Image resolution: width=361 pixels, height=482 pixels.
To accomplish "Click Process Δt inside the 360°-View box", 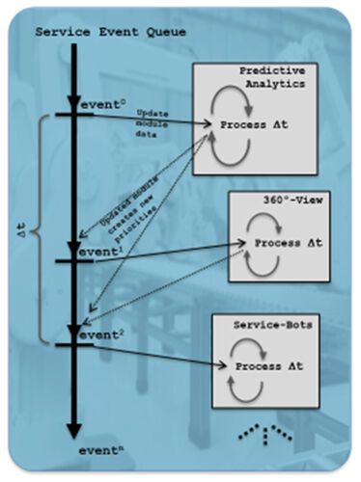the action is pyautogui.click(x=279, y=246).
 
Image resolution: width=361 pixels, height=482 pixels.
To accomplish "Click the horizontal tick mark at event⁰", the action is pyautogui.click(x=73, y=114).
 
